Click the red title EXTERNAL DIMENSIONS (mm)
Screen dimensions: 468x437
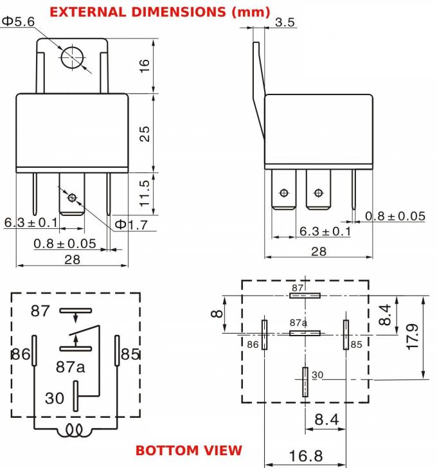[x=159, y=12]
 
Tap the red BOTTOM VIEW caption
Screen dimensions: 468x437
[x=189, y=449]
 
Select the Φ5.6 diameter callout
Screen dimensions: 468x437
[x=17, y=21]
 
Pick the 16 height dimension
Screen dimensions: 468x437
[x=145, y=66]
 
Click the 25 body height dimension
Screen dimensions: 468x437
[x=145, y=133]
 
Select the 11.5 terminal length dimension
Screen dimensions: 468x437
[x=145, y=192]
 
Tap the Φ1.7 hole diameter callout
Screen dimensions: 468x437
[x=132, y=224]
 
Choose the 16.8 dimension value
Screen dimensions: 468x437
[x=306, y=456]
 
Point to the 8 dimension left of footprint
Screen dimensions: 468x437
[x=217, y=314]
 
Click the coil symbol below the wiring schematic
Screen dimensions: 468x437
[x=75, y=432]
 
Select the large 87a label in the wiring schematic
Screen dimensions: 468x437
[x=70, y=367]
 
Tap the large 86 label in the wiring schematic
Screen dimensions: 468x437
[x=21, y=354]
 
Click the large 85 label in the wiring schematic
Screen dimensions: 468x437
[x=130, y=354]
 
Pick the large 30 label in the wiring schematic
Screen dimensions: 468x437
[x=55, y=398]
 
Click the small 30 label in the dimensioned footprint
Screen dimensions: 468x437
[x=317, y=374]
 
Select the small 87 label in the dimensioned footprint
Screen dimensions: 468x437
[x=297, y=288]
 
